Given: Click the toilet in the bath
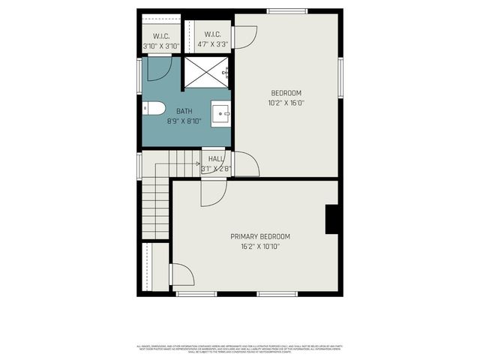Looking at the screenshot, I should pos(155,109).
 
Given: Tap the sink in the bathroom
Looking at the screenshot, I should pos(221,113).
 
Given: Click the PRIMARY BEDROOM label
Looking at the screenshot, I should pos(259,236).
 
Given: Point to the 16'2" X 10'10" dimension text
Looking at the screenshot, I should pos(259,246).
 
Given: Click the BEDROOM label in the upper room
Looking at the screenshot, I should pos(286,93).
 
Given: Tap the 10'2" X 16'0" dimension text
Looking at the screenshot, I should pos(286,103).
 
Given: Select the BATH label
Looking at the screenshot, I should pos(163,111).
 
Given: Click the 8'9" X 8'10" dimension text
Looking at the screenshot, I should pos(163,120).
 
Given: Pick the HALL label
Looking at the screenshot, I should pos(216,159).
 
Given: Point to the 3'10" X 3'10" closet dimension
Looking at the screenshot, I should pos(161,46).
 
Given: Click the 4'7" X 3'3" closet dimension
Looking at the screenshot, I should pos(212,45).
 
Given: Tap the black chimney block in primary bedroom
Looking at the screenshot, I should pos(333,218).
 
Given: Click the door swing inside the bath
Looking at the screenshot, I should pos(160,69).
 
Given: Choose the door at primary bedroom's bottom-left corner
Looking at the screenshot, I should pos(182,274).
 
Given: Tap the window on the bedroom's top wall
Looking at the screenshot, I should pos(286,10).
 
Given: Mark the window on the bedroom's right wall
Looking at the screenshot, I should pos(340,79).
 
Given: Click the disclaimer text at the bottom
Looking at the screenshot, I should pos(239,348).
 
